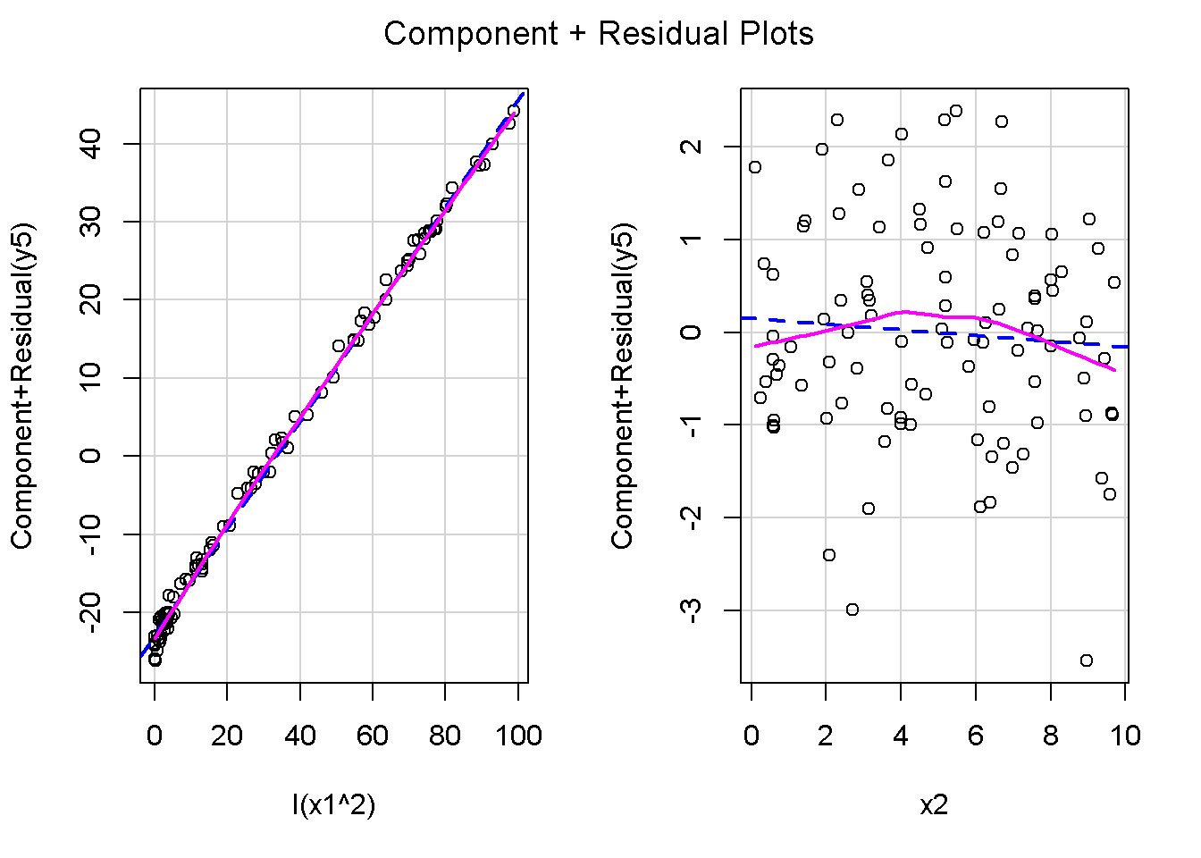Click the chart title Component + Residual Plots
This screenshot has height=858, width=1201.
coord(599,34)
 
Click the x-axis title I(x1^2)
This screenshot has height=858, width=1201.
coord(333,805)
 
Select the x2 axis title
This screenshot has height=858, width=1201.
coord(934,805)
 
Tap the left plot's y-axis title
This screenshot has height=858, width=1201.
coord(21,384)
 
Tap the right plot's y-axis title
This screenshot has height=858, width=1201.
coord(622,384)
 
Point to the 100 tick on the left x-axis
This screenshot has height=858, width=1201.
coord(518,736)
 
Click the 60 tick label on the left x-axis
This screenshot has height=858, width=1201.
coord(373,736)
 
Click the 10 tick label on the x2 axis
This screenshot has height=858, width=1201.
coord(1126,736)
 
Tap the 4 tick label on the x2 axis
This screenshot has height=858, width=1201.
coord(901,736)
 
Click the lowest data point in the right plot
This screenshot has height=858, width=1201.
coord(1087,660)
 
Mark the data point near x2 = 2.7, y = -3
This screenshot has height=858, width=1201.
coord(852,610)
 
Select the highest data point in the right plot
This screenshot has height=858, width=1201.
coord(956,111)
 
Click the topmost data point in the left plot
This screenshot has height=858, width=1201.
coord(513,112)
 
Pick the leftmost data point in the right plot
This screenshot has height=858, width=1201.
coord(755,167)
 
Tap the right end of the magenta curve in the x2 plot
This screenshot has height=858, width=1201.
coord(1114,370)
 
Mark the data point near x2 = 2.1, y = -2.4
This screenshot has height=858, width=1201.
coord(829,555)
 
